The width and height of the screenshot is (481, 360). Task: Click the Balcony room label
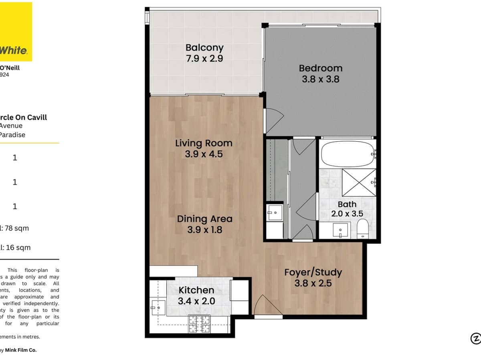click(204, 48)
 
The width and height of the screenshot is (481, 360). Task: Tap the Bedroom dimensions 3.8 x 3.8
click(321, 79)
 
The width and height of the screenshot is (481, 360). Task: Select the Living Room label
click(204, 143)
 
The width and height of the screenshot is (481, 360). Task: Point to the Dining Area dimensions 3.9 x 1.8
click(204, 230)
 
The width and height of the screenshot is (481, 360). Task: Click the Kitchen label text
click(196, 290)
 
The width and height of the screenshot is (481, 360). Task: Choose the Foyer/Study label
click(313, 272)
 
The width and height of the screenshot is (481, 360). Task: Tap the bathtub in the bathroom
click(347, 154)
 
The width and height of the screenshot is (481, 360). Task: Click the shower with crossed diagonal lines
click(359, 182)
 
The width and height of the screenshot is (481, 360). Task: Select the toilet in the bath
click(363, 229)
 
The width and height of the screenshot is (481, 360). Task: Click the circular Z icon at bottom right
click(475, 338)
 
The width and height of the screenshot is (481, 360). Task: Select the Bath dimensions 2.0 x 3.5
click(347, 214)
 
